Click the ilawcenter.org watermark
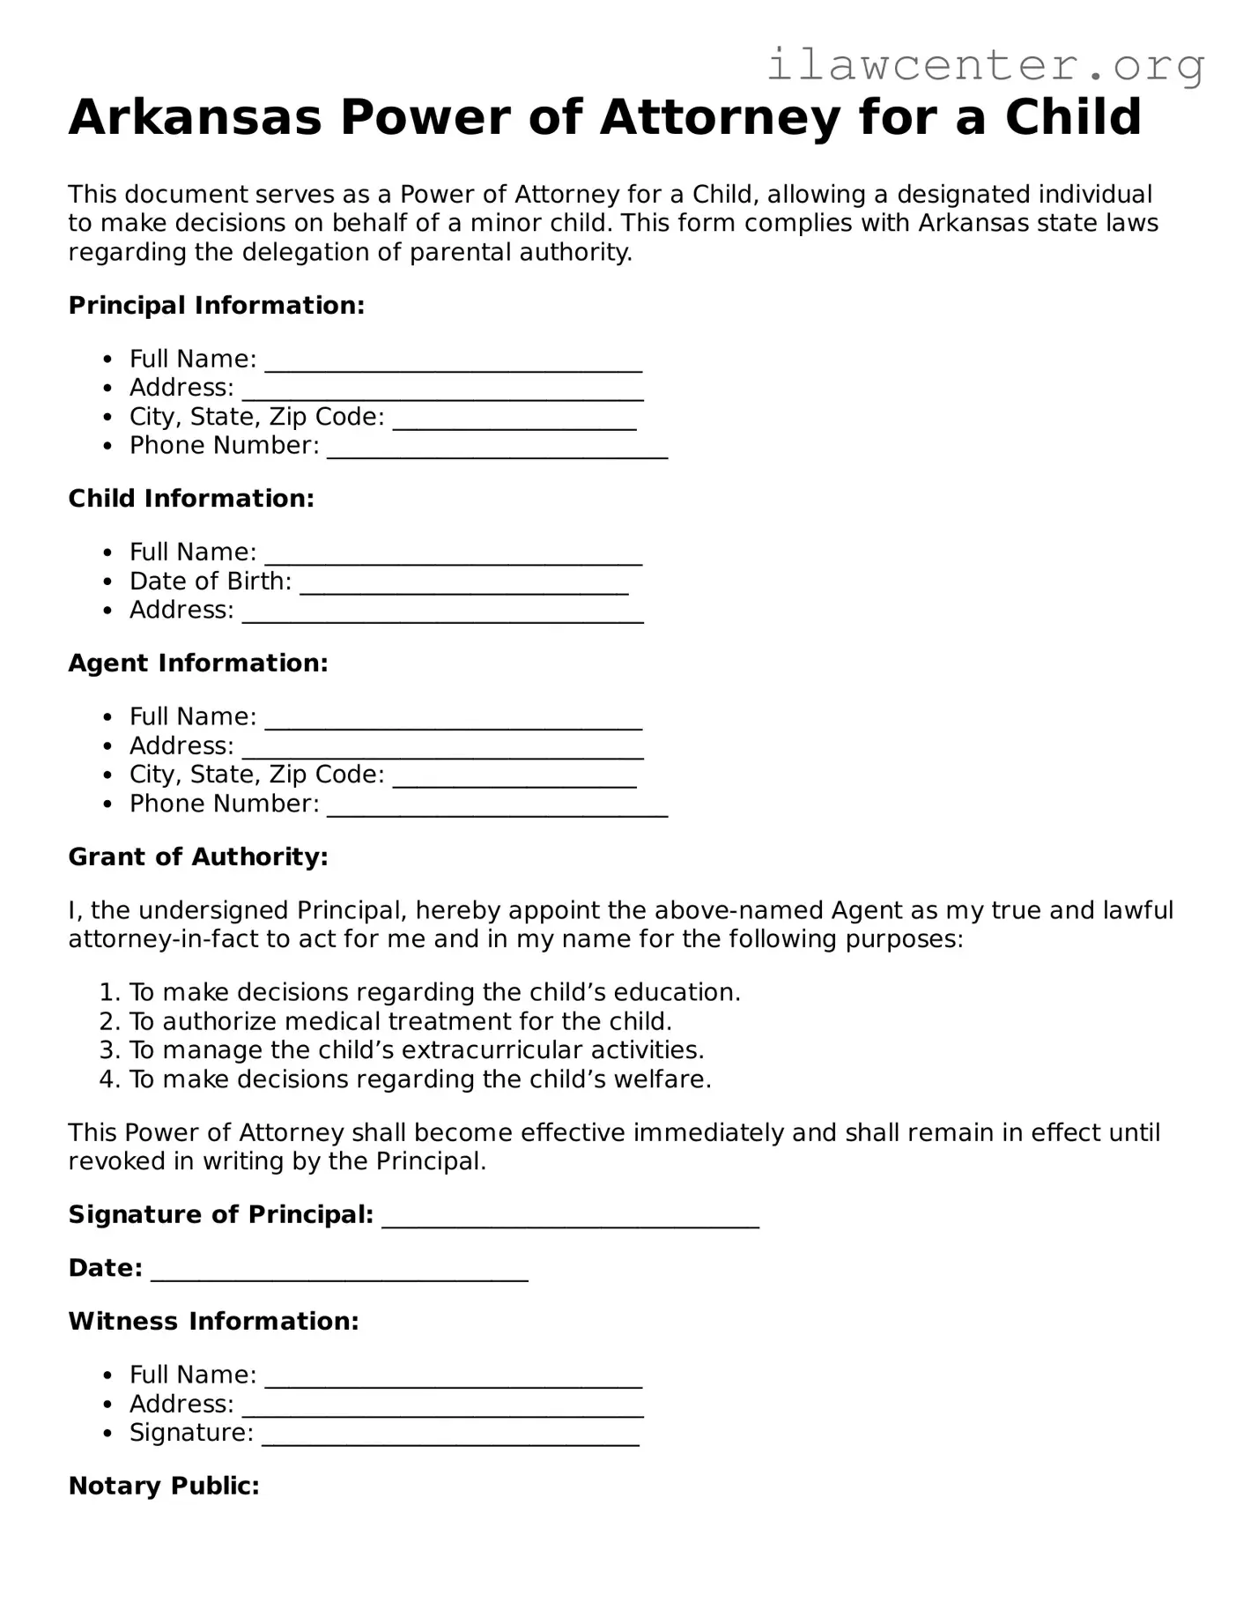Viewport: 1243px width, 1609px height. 985,65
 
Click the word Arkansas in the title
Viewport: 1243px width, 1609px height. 195,117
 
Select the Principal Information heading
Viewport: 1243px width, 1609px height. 216,306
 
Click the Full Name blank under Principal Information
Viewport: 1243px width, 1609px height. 453,361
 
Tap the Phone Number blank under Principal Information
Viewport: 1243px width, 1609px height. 497,448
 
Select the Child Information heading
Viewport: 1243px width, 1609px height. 191,499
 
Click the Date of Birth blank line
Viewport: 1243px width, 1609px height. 463,583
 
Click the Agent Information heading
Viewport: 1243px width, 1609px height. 198,664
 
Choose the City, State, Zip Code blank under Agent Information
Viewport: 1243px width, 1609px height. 514,776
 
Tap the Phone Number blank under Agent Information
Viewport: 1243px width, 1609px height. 497,805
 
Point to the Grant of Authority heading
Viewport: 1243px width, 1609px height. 198,857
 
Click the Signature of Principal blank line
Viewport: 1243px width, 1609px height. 570,1217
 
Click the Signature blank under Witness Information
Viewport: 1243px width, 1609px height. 450,1435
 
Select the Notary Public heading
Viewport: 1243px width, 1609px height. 164,1487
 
